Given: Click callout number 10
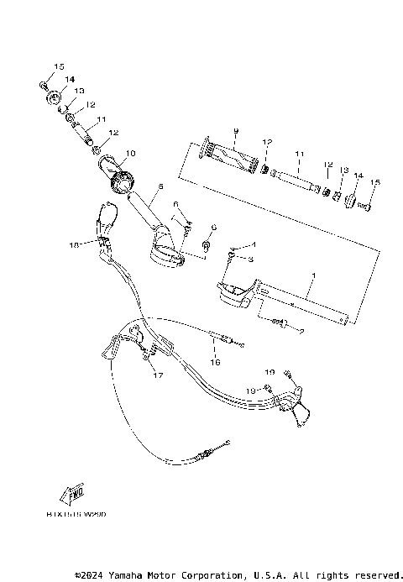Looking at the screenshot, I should click(130, 154).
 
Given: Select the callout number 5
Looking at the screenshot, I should click(160, 186).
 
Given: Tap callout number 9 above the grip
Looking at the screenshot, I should click(236, 131).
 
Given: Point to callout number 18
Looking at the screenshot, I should click(74, 244).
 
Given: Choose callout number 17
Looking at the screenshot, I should click(156, 375).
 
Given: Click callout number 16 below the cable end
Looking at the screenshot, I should click(215, 362).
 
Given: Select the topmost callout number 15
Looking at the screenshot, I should click(59, 66).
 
